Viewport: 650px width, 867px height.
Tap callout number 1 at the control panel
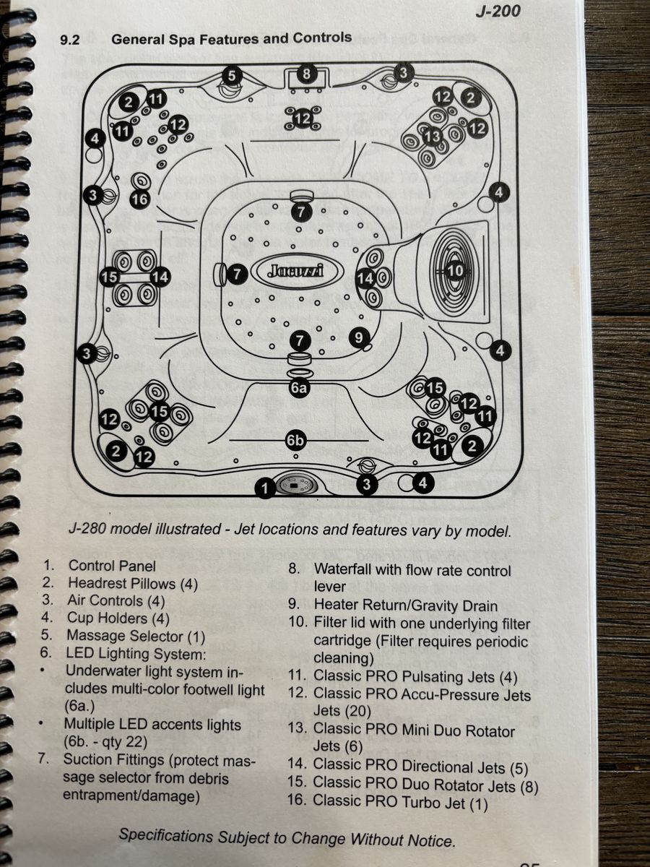pyautogui.click(x=265, y=489)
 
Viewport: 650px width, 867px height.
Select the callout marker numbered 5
pyautogui.click(x=231, y=75)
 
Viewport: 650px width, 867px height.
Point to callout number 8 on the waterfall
pyautogui.click(x=306, y=74)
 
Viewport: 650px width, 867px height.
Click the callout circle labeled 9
pyautogui.click(x=358, y=337)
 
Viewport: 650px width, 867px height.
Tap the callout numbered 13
pyautogui.click(x=433, y=136)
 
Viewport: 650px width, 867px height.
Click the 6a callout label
pyautogui.click(x=299, y=388)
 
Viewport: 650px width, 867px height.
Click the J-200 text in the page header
pyautogui.click(x=498, y=11)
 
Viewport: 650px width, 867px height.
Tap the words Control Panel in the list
pyautogui.click(x=112, y=566)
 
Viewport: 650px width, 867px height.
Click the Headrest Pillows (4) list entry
pyautogui.click(x=132, y=583)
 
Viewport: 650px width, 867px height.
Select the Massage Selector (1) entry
pyautogui.click(x=136, y=636)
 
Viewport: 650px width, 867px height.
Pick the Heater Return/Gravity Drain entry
pyautogui.click(x=405, y=605)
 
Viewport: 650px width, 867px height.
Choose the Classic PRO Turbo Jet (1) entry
pyautogui.click(x=401, y=801)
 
